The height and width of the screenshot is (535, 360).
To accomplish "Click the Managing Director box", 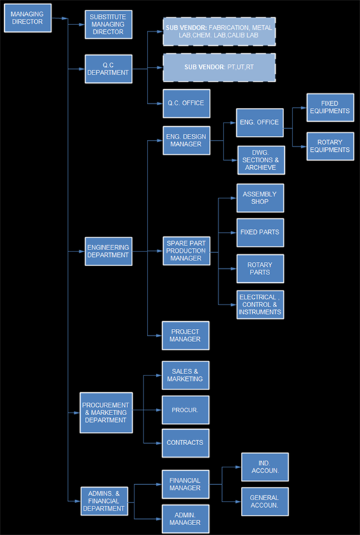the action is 28,18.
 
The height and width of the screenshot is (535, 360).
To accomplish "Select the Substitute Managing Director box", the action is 109,24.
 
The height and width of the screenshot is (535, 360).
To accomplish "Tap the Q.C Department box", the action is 109,68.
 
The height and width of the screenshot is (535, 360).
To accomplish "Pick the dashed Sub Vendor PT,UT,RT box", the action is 219,67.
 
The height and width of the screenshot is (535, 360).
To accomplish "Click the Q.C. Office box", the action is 187,103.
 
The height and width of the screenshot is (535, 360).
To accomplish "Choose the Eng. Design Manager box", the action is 187,140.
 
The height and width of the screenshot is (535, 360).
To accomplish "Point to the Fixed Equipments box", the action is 330,107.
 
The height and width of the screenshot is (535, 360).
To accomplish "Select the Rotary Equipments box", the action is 330,146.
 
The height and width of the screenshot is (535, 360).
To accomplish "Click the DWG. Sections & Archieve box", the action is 261,160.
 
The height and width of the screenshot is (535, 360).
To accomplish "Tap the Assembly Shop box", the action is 260,198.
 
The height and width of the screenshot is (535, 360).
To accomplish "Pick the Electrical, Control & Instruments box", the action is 260,304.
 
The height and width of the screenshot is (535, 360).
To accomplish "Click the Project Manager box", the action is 185,335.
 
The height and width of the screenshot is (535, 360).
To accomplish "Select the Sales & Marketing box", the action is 185,375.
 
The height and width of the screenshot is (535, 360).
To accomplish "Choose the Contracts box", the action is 185,443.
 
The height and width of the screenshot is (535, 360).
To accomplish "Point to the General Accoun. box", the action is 265,502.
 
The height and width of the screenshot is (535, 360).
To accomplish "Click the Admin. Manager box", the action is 185,519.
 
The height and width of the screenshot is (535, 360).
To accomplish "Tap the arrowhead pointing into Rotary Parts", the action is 234,268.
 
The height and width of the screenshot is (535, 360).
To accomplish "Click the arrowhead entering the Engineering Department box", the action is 82,251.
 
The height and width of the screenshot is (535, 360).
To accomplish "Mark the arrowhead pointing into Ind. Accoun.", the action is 239,467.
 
